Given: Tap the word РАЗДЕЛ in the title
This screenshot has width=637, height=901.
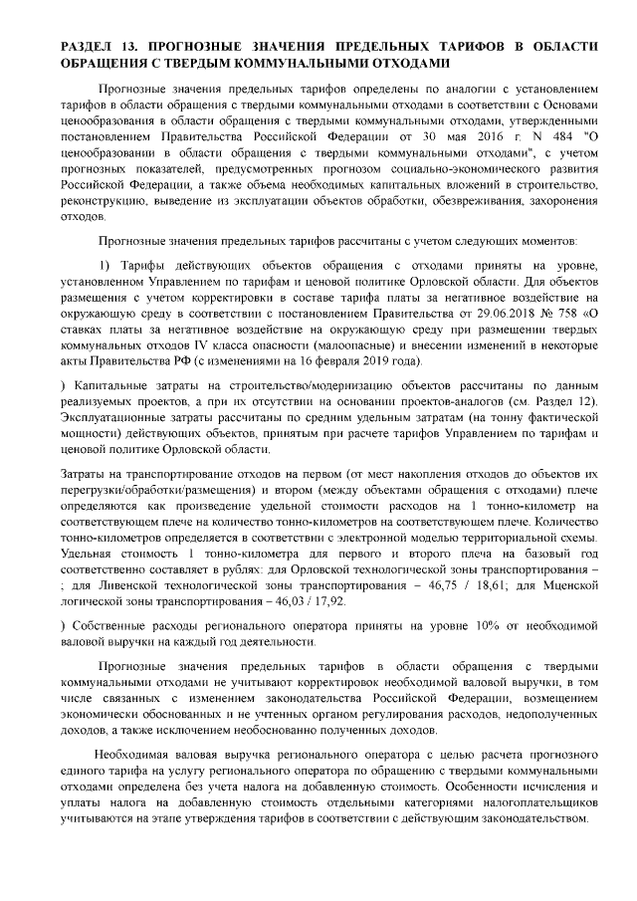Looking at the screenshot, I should point(86,47).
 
